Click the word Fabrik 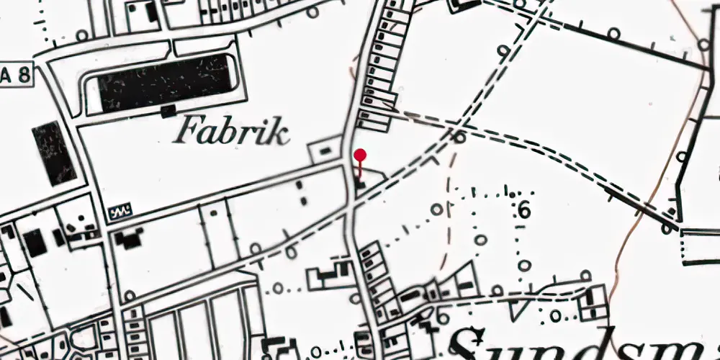[x=233, y=131]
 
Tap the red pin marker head [x=361, y=155]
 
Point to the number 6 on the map [x=523, y=210]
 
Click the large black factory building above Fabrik [x=160, y=82]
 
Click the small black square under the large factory [x=168, y=111]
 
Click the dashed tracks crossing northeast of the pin [x=458, y=135]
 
